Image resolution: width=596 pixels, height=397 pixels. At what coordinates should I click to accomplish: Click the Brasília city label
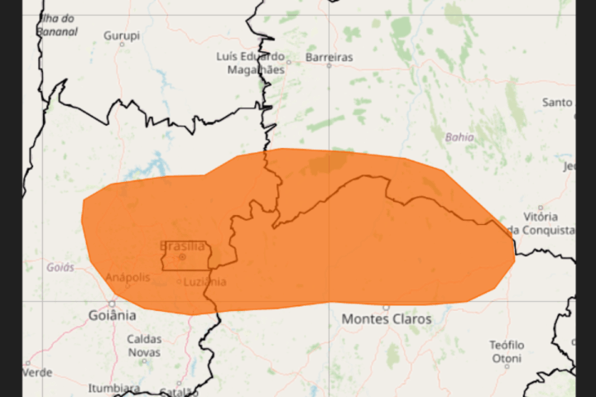click(x=182, y=246)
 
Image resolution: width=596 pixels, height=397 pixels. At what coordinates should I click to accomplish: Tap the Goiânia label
click(x=112, y=315)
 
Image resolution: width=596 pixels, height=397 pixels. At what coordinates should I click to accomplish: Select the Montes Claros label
click(x=387, y=319)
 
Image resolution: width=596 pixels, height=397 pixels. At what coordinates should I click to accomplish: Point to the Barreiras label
click(x=329, y=57)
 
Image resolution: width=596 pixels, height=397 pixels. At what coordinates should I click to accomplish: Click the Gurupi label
click(x=122, y=36)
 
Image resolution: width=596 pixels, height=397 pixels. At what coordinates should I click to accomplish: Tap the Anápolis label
click(x=127, y=277)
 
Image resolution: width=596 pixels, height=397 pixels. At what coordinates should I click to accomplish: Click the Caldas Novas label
click(x=144, y=345)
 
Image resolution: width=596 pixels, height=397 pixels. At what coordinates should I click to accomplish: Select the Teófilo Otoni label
click(x=506, y=352)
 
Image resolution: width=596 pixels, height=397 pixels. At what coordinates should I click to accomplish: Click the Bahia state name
click(x=460, y=136)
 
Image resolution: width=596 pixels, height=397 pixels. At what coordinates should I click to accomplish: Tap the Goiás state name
click(x=60, y=267)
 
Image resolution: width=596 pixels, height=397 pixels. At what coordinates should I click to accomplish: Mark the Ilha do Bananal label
click(x=57, y=25)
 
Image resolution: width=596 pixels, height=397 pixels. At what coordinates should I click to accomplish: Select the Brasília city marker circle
click(x=182, y=257)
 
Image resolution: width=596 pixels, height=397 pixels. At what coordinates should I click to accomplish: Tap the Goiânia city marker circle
click(x=112, y=303)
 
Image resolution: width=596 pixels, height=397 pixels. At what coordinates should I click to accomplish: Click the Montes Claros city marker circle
click(x=386, y=307)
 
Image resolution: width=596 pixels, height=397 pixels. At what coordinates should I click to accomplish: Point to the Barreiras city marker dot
click(x=329, y=65)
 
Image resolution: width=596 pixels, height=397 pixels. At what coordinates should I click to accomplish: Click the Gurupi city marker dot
click(x=122, y=44)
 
